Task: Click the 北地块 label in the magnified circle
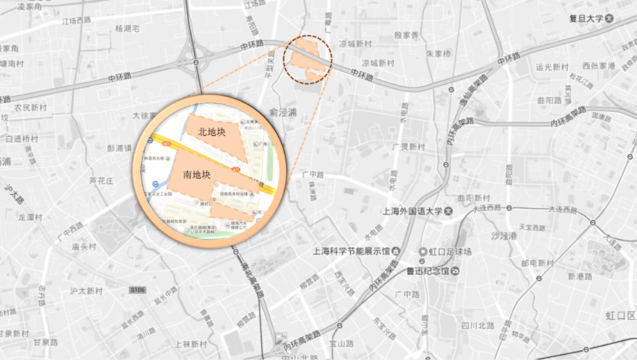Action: point(212,132)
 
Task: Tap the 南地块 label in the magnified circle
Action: point(197,174)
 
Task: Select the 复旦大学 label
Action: point(586,19)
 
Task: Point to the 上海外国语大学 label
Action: point(411,210)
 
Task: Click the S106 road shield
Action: point(137,290)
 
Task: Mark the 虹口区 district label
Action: point(620,316)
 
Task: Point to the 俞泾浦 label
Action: point(283,111)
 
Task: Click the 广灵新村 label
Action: point(408,147)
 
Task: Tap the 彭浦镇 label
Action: point(120,147)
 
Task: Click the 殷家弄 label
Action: point(406,35)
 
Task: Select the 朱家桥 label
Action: point(438,53)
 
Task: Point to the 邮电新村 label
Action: point(537,263)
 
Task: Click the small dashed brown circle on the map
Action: point(307,60)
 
